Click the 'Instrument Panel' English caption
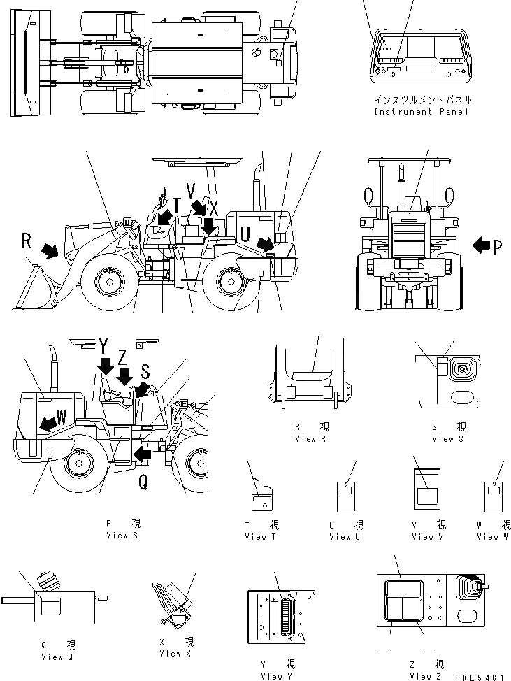pos(421,112)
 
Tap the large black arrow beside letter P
pos(481,245)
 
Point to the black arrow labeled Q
pos(142,454)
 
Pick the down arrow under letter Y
pos(105,365)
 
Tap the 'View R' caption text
pos(305,439)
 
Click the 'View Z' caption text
pos(426,676)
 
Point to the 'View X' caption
pos(170,654)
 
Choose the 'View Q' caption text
pos(52,657)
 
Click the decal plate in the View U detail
pos(344,491)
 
